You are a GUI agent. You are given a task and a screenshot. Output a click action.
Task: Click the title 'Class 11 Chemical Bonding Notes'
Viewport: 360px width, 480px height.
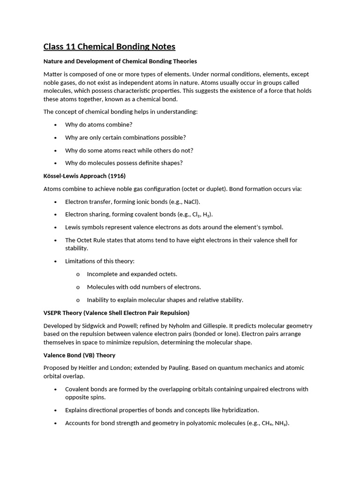pos(109,46)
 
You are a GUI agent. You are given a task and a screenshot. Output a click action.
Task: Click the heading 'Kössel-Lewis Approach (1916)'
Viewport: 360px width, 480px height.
pos(84,176)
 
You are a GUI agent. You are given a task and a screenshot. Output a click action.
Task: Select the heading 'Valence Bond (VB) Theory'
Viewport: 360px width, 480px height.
pos(79,355)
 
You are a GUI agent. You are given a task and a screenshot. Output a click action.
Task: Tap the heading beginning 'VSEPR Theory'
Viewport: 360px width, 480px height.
pos(116,313)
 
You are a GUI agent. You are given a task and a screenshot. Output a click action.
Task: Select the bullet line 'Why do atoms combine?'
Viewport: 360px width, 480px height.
pos(98,125)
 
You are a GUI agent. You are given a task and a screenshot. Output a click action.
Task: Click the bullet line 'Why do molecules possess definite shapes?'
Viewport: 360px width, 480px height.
pos(124,163)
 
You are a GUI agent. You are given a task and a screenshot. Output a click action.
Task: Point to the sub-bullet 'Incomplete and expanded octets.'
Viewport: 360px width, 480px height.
pos(132,274)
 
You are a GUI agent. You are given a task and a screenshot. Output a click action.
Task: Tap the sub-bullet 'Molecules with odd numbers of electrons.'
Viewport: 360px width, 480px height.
pos(143,287)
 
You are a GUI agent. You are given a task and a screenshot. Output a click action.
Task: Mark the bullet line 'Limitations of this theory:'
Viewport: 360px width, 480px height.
pos(99,261)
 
